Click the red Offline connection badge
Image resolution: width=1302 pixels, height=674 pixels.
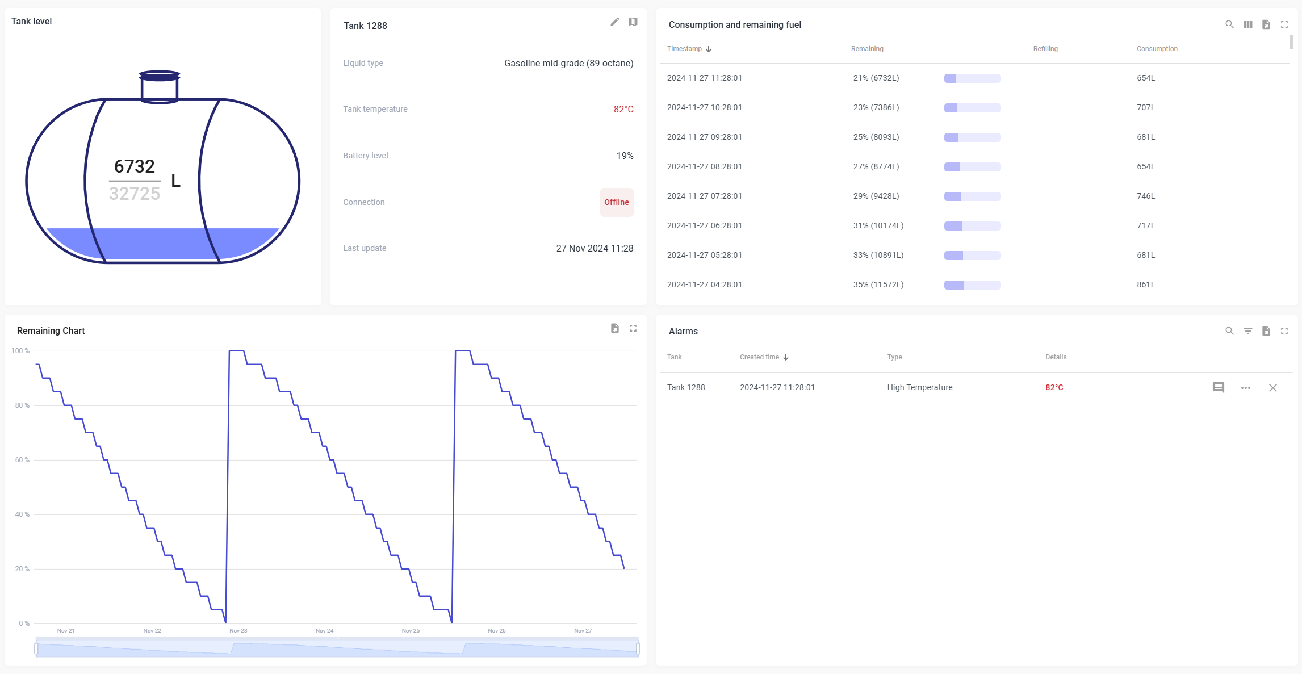(616, 202)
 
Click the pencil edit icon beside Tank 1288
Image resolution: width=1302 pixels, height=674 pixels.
(614, 22)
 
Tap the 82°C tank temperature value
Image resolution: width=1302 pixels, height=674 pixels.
(623, 109)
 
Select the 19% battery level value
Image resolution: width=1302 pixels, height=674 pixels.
(625, 156)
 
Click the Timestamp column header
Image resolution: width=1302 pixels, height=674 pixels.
(685, 49)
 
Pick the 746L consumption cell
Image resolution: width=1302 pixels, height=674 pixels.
(1145, 196)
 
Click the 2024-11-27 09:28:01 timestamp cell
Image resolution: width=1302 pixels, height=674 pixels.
(704, 137)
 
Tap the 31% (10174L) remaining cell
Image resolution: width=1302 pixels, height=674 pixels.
(878, 225)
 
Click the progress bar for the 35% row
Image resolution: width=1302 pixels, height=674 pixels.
(972, 284)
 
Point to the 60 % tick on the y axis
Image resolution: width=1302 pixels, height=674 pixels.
(22, 460)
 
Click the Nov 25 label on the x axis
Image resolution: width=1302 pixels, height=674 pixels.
(411, 631)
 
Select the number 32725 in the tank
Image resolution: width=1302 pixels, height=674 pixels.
(135, 194)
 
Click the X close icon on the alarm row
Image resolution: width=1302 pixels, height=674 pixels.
(1272, 388)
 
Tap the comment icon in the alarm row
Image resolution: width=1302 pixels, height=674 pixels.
(1218, 388)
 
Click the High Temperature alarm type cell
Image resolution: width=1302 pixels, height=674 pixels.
(919, 387)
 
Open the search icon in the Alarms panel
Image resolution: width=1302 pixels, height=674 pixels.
(1229, 331)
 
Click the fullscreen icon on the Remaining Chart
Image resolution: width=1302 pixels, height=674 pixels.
(633, 328)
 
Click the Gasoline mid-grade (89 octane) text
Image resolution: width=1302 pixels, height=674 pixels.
(568, 63)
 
